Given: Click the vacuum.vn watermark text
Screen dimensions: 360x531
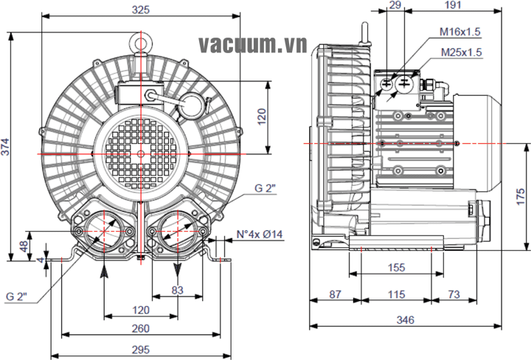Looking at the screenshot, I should click(x=252, y=46).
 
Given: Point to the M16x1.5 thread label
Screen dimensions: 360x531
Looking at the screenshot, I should click(x=459, y=32).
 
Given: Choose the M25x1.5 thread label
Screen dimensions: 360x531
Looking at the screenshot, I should click(x=461, y=52).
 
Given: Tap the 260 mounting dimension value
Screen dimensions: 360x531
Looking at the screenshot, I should click(x=140, y=328).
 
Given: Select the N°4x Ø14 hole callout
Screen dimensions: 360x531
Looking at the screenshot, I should click(x=261, y=235).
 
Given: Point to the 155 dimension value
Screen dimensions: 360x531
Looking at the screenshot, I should click(x=397, y=269).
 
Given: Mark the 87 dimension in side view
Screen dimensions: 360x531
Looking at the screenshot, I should click(x=335, y=295).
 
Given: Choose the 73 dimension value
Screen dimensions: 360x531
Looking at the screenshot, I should click(x=454, y=295).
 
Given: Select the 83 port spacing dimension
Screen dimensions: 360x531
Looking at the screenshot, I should click(x=177, y=290).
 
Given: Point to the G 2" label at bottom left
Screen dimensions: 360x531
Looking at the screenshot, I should click(x=16, y=297).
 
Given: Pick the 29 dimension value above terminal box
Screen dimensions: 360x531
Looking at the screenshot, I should click(x=395, y=5).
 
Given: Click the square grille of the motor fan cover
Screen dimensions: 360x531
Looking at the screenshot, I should click(x=140, y=153).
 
